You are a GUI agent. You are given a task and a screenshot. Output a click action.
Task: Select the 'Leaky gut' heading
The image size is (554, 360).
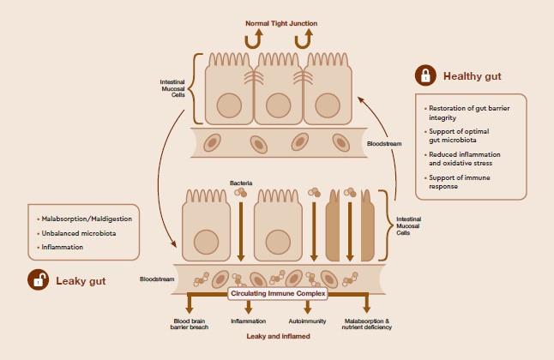coord(81,279)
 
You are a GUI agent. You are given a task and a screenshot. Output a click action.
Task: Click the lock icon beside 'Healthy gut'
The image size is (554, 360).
coord(424,75)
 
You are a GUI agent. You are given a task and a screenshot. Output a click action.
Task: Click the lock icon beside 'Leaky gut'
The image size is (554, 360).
coord(37,279)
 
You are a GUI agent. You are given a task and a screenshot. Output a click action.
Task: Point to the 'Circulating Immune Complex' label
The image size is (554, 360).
coord(278,293)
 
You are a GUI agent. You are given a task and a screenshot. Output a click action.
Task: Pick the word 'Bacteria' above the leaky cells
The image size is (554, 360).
coord(241,183)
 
